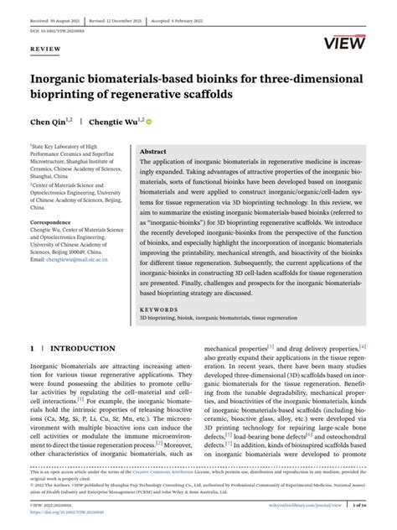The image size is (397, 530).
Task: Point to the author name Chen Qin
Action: click(x=46, y=121)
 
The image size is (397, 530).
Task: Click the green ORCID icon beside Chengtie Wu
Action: click(x=149, y=121)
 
